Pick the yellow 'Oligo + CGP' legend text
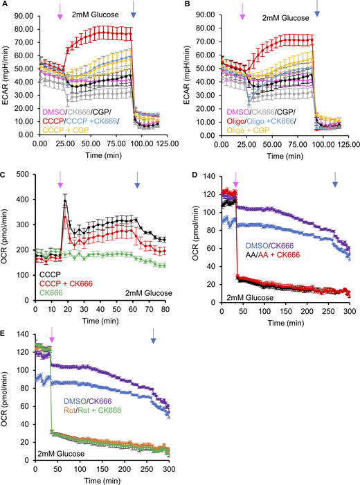coord(246,129)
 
